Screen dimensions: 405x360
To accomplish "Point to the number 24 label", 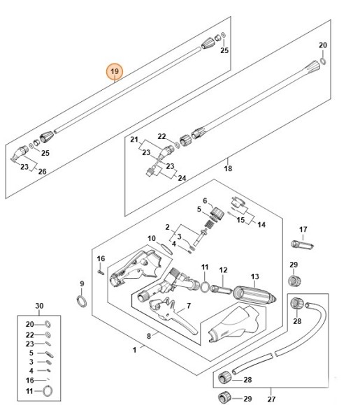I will click(182, 178).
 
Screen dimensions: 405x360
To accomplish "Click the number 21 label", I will click(134, 140).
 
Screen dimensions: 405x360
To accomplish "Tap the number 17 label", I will click(303, 229).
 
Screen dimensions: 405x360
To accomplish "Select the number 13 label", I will click(255, 277).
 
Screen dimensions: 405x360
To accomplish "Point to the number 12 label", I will click(224, 270).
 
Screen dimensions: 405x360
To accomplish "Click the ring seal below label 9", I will click(82, 301).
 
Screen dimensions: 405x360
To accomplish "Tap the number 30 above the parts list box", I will click(39, 307).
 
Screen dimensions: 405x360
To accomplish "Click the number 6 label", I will click(205, 200).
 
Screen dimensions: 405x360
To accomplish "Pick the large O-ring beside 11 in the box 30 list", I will click(48, 390).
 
